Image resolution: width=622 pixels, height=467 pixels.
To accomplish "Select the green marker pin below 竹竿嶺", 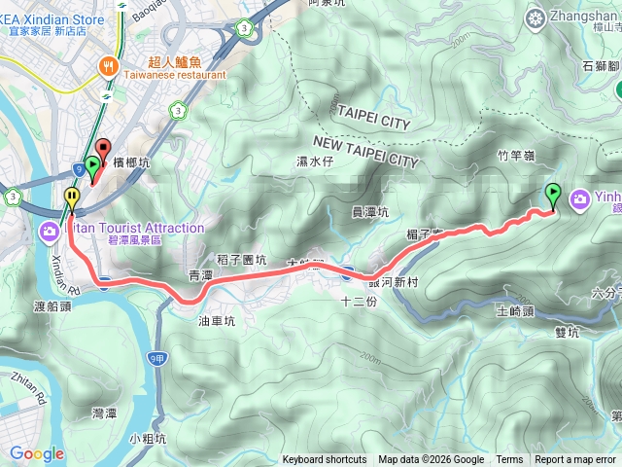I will (553, 195).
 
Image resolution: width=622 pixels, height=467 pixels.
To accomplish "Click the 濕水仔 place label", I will (315, 162).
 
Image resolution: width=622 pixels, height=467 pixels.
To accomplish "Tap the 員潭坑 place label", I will (369, 211).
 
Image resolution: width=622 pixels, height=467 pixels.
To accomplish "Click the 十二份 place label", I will (359, 302).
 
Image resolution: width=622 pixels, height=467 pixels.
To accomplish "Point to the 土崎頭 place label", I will (515, 311).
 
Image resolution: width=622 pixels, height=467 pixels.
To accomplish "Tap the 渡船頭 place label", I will (53, 305).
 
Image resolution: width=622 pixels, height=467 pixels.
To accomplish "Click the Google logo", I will (36, 453).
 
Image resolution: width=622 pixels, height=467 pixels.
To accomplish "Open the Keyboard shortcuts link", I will (325, 460).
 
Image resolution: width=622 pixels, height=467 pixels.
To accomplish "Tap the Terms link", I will (509, 460).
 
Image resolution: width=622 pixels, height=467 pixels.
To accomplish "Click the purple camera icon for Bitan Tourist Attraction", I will (49, 231).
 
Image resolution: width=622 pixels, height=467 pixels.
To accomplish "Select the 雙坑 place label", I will (566, 332).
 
